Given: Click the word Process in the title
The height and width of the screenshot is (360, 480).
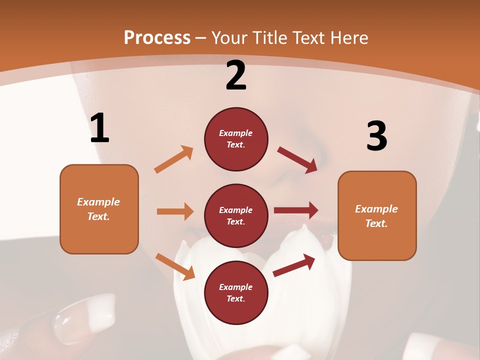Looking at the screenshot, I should click(x=157, y=38).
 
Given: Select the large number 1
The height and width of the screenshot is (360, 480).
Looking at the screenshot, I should click(x=99, y=128).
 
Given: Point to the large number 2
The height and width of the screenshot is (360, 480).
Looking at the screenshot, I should click(x=236, y=75).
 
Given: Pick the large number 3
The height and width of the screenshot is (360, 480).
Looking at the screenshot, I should click(x=376, y=136).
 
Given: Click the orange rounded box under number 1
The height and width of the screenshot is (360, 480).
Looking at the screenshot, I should click(x=99, y=209).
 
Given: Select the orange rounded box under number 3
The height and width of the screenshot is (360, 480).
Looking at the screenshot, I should click(x=377, y=215).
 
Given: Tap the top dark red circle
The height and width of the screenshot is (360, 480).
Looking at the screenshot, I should click(x=236, y=139).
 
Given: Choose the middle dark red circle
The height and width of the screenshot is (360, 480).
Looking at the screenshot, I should click(x=236, y=215).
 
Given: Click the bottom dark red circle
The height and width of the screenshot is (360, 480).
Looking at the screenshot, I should click(x=236, y=292).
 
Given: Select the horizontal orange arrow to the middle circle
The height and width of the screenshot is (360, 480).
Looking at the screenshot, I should click(x=175, y=211).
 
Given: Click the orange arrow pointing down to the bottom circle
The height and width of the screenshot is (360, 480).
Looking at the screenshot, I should click(x=175, y=266).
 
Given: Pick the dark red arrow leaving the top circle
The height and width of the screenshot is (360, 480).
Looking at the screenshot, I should click(x=297, y=160).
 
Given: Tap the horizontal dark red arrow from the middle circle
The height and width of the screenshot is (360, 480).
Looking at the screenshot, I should click(x=296, y=210).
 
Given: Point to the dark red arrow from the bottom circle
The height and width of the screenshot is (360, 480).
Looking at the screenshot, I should click(x=294, y=265).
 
